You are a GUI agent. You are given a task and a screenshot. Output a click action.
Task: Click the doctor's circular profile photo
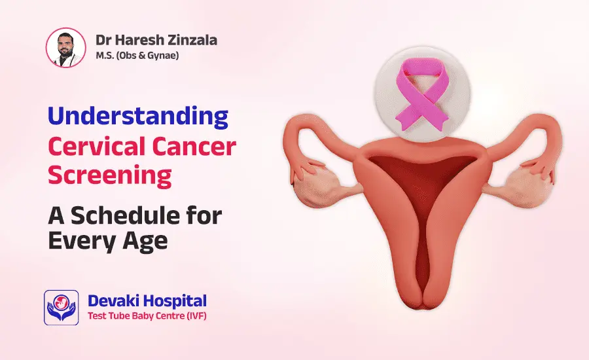tap(65, 47)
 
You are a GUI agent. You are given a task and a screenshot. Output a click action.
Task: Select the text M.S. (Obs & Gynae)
tap(137, 56)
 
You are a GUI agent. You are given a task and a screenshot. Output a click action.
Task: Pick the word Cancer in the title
tap(192, 147)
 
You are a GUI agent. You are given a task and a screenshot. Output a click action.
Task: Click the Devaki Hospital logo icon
tap(61, 307)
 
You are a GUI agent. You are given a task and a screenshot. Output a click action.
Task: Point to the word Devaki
tap(112, 302)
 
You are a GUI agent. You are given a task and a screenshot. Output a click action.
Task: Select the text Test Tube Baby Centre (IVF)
tap(147, 317)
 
